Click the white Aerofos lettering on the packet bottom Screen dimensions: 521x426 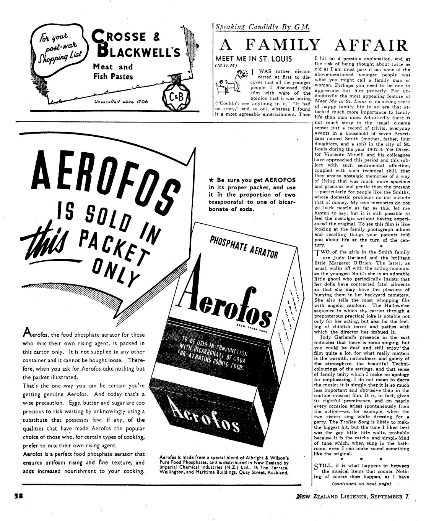[x=207, y=416]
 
